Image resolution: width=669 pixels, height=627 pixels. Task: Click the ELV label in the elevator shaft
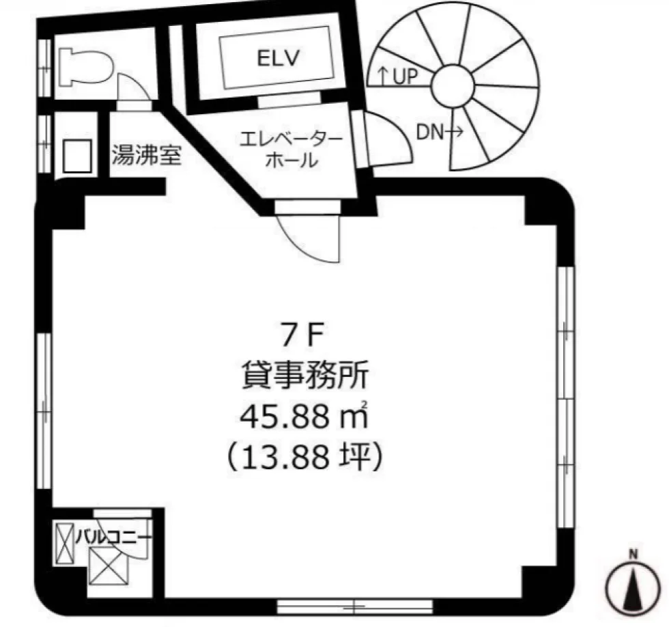coord(279,58)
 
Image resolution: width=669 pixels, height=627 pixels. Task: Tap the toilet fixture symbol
coord(86,67)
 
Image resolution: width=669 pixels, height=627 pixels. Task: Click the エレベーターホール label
coord(291,150)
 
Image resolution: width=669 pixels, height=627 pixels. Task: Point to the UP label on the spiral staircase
coord(397,76)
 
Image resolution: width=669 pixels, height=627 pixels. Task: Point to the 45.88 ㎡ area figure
coord(304,416)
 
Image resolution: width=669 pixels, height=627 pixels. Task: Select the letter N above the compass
coord(634,555)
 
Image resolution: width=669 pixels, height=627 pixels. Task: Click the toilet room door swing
coord(132,87)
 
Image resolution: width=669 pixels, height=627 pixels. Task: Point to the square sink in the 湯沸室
coord(77,155)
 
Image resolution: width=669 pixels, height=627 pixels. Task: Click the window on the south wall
coord(354,606)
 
